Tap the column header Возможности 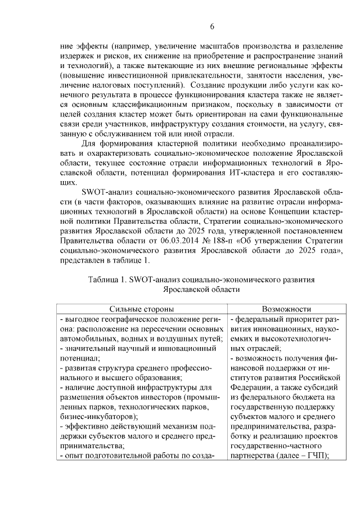point(286,309)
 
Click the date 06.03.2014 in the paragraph point(193,241)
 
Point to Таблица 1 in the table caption point(107,280)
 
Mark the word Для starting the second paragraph point(89,144)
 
